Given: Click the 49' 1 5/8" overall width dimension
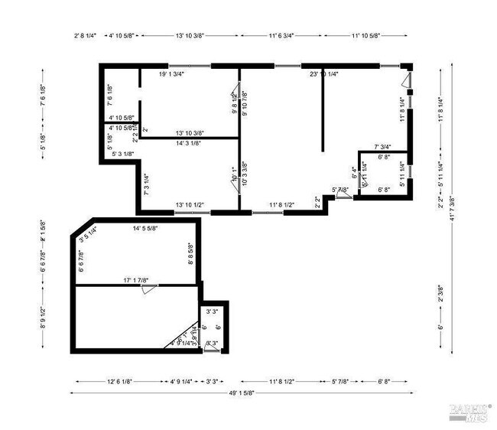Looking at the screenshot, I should coord(239,393).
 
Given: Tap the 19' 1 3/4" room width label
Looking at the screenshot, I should coord(174,74).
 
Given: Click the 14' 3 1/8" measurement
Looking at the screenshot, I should coord(177,142).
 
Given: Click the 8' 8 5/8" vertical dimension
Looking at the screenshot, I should coord(191,253).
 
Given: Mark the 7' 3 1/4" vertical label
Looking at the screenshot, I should coord(146,184).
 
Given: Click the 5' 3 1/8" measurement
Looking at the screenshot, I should coord(122,154).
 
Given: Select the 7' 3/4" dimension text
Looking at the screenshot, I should coord(382,147).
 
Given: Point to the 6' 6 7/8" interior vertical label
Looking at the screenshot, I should coord(81,262).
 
